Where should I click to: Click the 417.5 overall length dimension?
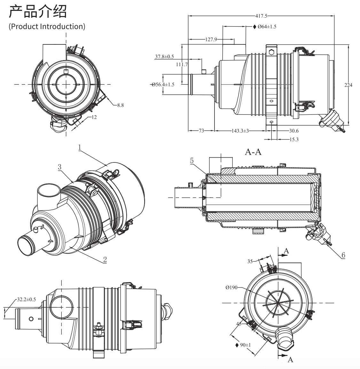(x=261, y=16)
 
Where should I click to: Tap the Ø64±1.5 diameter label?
(x=267, y=27)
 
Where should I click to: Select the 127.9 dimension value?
(x=211, y=39)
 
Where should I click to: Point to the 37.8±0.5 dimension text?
(x=164, y=57)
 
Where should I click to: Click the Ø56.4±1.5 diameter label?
(x=163, y=84)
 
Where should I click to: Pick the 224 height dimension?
(x=348, y=85)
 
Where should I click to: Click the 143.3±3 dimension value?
(x=240, y=130)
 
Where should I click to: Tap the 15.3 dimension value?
(x=294, y=139)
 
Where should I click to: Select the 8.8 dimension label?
(x=121, y=105)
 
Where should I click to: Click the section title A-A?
(x=253, y=152)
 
